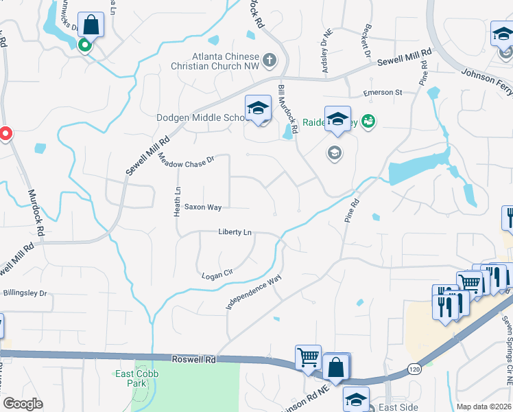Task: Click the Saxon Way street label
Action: (x=202, y=207)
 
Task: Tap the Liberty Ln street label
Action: (x=235, y=232)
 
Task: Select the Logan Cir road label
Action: (x=218, y=275)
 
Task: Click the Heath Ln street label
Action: (x=177, y=200)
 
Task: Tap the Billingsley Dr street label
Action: (x=25, y=293)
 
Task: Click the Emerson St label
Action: (x=383, y=93)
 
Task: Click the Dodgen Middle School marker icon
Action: (x=258, y=108)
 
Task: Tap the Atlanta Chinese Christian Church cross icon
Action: (x=269, y=60)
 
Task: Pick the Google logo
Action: (x=23, y=404)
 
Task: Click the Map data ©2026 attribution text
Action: (x=484, y=407)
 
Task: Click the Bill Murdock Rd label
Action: (x=288, y=108)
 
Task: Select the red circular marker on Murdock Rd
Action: (x=5, y=133)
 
